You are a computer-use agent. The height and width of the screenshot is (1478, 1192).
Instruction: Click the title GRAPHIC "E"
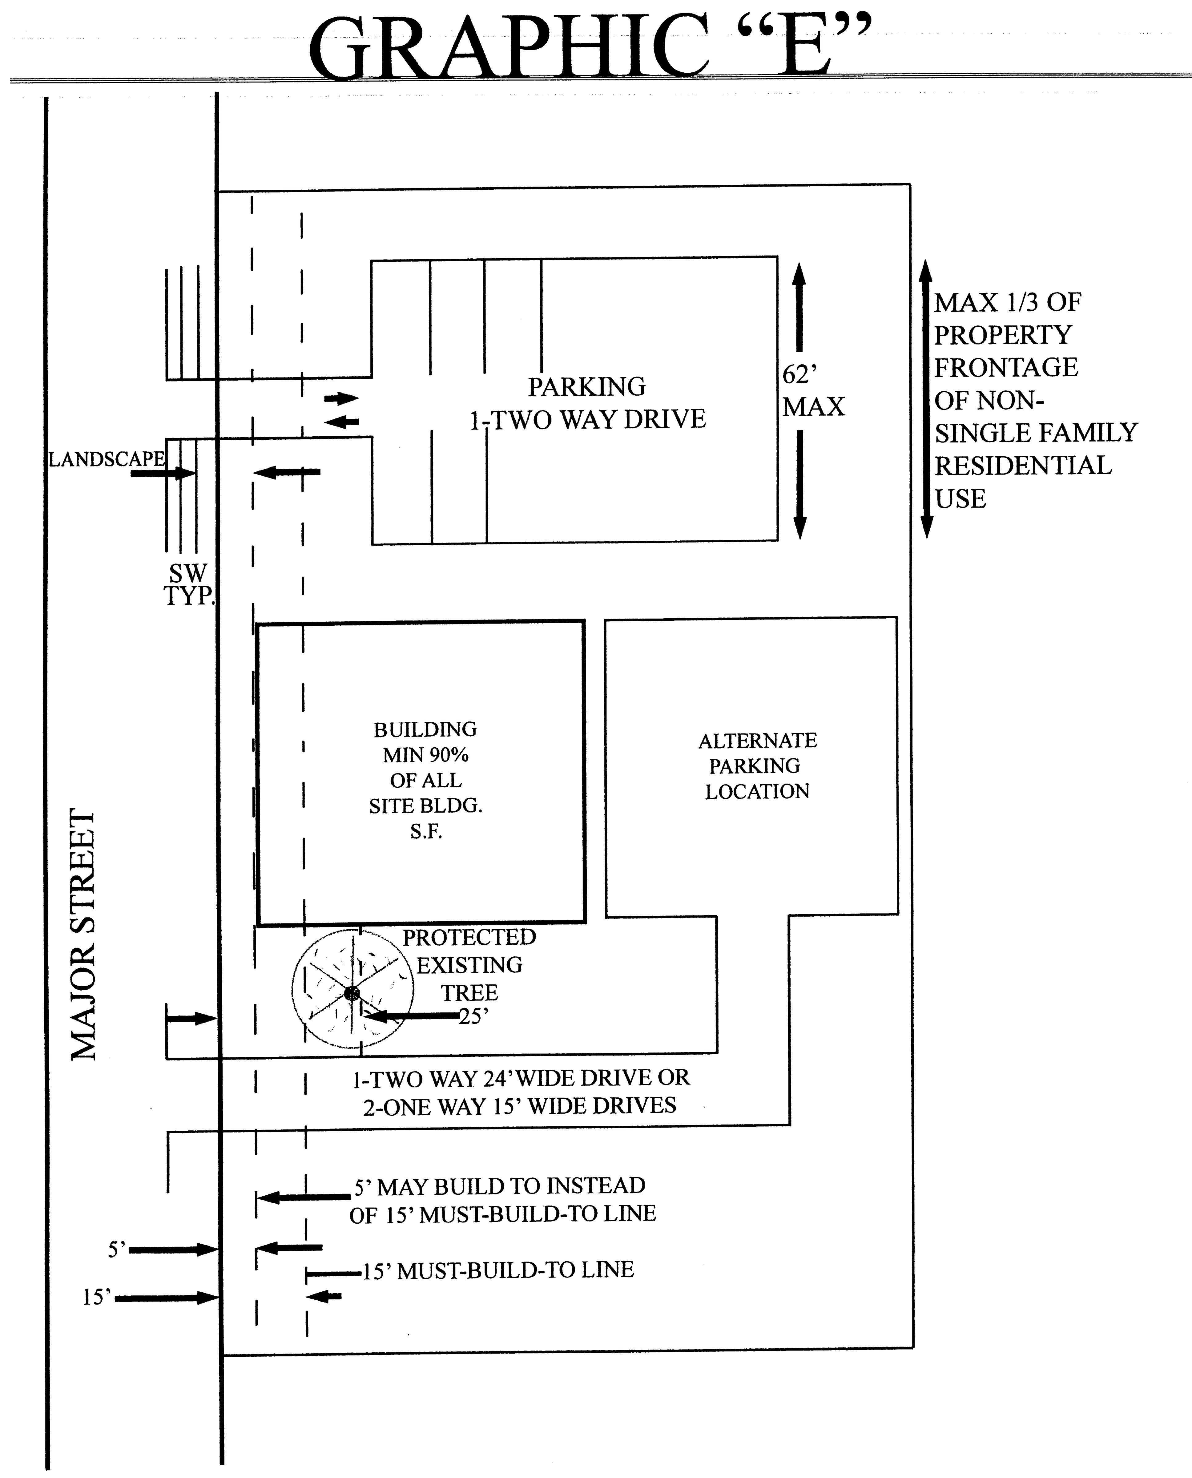point(589,47)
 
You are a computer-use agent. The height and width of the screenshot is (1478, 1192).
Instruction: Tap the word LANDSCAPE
point(107,459)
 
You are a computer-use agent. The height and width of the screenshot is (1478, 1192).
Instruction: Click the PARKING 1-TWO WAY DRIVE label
point(587,403)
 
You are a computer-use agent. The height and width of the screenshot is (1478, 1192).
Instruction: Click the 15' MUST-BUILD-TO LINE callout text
point(498,1270)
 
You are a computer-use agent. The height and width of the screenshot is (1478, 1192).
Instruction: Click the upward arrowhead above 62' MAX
point(799,275)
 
